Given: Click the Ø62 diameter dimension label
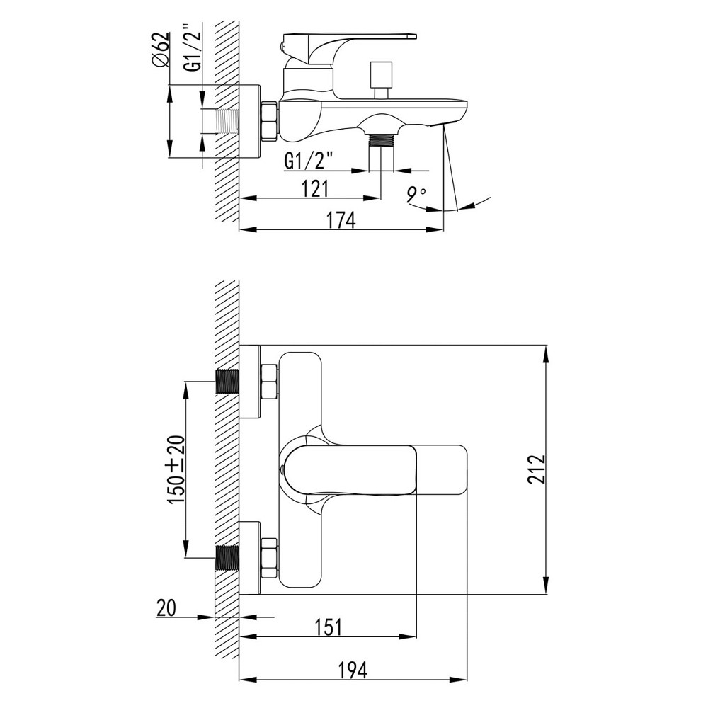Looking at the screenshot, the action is [161, 50].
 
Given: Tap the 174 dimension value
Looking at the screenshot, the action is [341, 220].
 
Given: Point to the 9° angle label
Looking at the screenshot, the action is [416, 195].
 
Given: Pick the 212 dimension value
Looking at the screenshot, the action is [536, 469].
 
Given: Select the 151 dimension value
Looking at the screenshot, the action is [327, 627].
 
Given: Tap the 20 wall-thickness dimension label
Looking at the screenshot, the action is [166, 607].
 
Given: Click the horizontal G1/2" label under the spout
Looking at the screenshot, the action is [309, 160].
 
